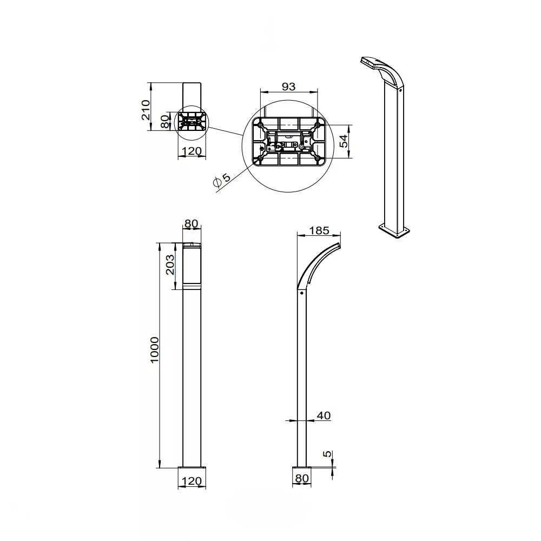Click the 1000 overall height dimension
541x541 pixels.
tap(155, 349)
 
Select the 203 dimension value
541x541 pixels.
tap(170, 265)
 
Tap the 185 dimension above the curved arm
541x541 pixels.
tap(319, 230)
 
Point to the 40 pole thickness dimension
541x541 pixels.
tap(324, 415)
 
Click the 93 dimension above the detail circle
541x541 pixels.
tap(288, 86)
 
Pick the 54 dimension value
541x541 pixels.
tap(344, 141)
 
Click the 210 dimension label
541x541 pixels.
tap(146, 110)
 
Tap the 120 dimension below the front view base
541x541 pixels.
tap(192, 480)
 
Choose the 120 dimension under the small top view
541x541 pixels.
tap(192, 151)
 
